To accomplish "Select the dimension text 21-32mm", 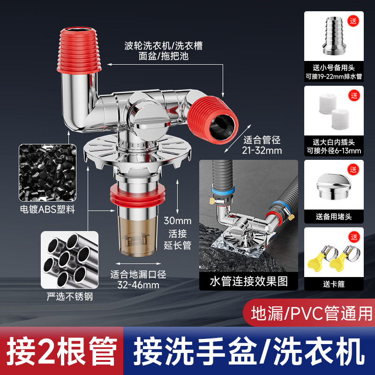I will (x=262, y=150).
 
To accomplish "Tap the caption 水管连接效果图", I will (x=248, y=281).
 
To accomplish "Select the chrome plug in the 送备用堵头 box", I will (x=334, y=185).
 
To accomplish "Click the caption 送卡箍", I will (x=334, y=284).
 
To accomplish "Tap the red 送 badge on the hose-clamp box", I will (x=354, y=235).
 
